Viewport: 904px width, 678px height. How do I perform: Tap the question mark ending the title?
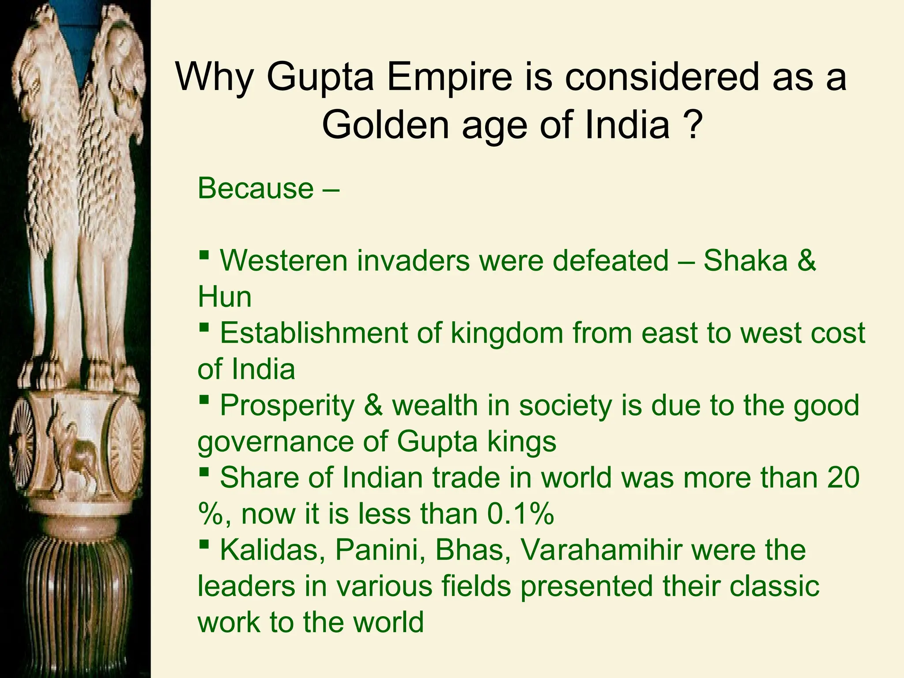(691, 125)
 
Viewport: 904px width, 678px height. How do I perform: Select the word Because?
(255, 189)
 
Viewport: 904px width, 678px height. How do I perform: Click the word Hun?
(224, 297)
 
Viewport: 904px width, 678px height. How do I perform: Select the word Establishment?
(314, 333)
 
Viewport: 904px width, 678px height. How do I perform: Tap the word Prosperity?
(287, 405)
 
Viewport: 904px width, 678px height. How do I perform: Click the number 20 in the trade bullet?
(844, 478)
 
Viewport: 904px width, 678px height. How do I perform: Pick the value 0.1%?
(520, 514)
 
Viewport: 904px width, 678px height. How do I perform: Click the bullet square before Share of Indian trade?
(203, 472)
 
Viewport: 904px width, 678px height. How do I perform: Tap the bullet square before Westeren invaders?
(203, 255)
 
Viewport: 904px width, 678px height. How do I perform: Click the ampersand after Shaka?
(806, 260)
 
